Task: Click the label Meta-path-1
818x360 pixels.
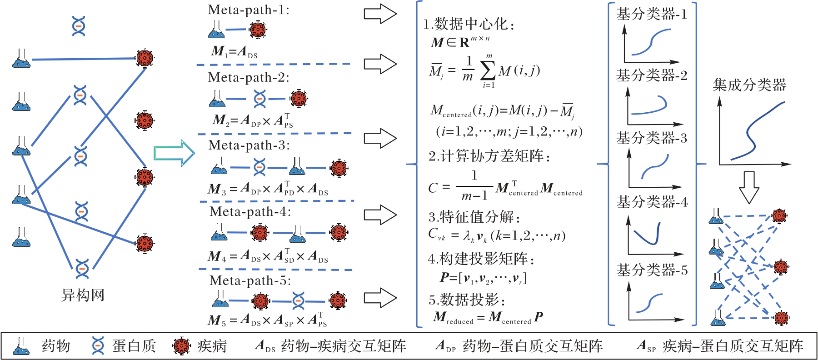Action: click(249, 10)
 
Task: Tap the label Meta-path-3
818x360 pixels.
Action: click(249, 145)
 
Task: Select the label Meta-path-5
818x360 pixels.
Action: click(250, 280)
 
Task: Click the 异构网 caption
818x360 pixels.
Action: click(83, 295)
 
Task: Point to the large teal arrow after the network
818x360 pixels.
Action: click(175, 153)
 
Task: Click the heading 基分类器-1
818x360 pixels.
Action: click(651, 14)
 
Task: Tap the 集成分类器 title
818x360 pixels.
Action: click(749, 85)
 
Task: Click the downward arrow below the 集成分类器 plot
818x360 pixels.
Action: click(749, 187)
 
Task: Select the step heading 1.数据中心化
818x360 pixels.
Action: click(469, 24)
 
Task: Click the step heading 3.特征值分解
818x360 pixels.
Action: click(474, 217)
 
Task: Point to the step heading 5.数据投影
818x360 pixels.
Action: click(467, 300)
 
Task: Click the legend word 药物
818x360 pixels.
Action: click(56, 346)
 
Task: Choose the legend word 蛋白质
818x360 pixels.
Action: click(134, 346)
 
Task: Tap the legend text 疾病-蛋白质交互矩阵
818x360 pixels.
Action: click(733, 346)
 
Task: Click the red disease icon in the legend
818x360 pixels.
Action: click(181, 346)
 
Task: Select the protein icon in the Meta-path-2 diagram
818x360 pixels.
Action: click(259, 99)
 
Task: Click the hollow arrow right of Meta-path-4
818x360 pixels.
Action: click(380, 215)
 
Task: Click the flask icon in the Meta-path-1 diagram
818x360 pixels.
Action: click(217, 30)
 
